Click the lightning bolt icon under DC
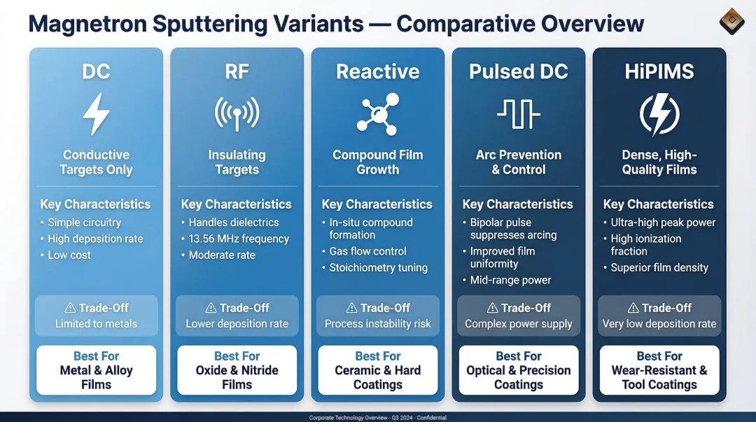click(x=96, y=114)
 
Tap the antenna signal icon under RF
click(x=237, y=114)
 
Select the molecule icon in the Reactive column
click(x=377, y=114)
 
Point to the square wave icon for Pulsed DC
click(x=518, y=114)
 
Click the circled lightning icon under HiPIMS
click(x=659, y=114)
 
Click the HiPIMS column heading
click(x=659, y=71)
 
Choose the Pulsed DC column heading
click(x=518, y=71)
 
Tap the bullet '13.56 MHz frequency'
click(x=239, y=239)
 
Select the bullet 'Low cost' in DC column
click(x=69, y=255)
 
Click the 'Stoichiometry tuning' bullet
click(x=378, y=267)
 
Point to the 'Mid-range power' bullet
click(x=510, y=280)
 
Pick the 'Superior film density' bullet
click(x=659, y=267)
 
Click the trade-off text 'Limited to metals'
click(x=96, y=324)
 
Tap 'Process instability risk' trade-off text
click(x=378, y=324)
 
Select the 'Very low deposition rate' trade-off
click(x=659, y=324)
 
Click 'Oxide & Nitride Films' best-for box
click(x=237, y=370)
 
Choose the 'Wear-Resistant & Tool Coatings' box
click(x=659, y=370)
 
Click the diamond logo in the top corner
click(x=731, y=22)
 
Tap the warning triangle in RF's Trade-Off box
click(x=211, y=308)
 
